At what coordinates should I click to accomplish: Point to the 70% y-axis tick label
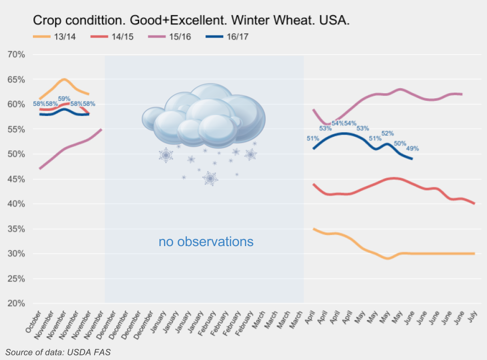click(x=18, y=54)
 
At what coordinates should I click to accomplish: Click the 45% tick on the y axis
click(x=18, y=179)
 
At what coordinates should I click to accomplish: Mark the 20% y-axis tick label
click(x=18, y=303)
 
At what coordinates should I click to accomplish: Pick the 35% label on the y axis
click(x=18, y=229)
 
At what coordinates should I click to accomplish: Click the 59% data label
click(x=64, y=99)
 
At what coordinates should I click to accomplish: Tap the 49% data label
click(x=413, y=148)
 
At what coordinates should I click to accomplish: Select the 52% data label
click(x=387, y=133)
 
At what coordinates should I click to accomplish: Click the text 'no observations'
click(x=206, y=242)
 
